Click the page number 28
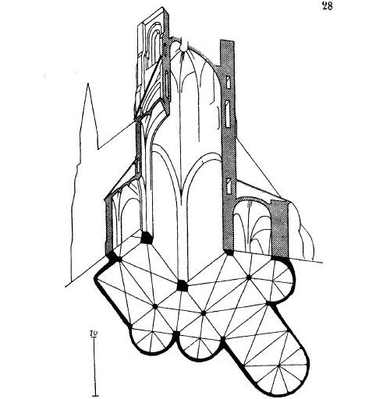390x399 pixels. tap(327, 5)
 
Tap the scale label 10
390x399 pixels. tap(94, 333)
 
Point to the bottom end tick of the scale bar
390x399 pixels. tap(96, 396)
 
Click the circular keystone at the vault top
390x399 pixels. tap(183, 48)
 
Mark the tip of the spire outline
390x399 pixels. tap(88, 83)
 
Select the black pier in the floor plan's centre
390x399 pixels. tap(182, 286)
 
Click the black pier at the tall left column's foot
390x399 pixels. tap(147, 238)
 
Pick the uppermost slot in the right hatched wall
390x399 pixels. tap(228, 82)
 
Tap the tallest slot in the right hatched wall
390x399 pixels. tap(228, 115)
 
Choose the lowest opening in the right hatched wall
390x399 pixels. tap(228, 185)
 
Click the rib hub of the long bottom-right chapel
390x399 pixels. tap(278, 365)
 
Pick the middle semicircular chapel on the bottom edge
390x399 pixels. tap(200, 349)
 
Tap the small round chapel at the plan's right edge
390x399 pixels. tap(282, 281)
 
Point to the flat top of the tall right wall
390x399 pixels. tap(227, 41)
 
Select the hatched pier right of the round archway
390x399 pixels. tap(279, 228)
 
